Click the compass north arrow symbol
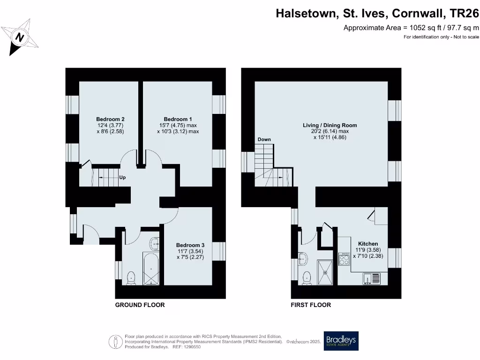[x=20, y=37]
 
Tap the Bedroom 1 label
[x=178, y=119]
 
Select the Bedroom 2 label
[x=110, y=119]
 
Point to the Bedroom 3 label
[x=190, y=245]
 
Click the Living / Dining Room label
[x=330, y=125]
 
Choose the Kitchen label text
[x=368, y=244]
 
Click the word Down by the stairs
[x=264, y=140]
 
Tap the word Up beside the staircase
[x=122, y=178]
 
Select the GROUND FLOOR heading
[x=140, y=305]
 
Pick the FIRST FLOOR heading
[x=311, y=305]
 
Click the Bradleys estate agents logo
[x=341, y=341]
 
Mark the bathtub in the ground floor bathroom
[x=151, y=270]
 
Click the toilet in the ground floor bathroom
[x=131, y=277]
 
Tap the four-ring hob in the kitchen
[x=344, y=259]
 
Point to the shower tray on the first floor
[x=326, y=272]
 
